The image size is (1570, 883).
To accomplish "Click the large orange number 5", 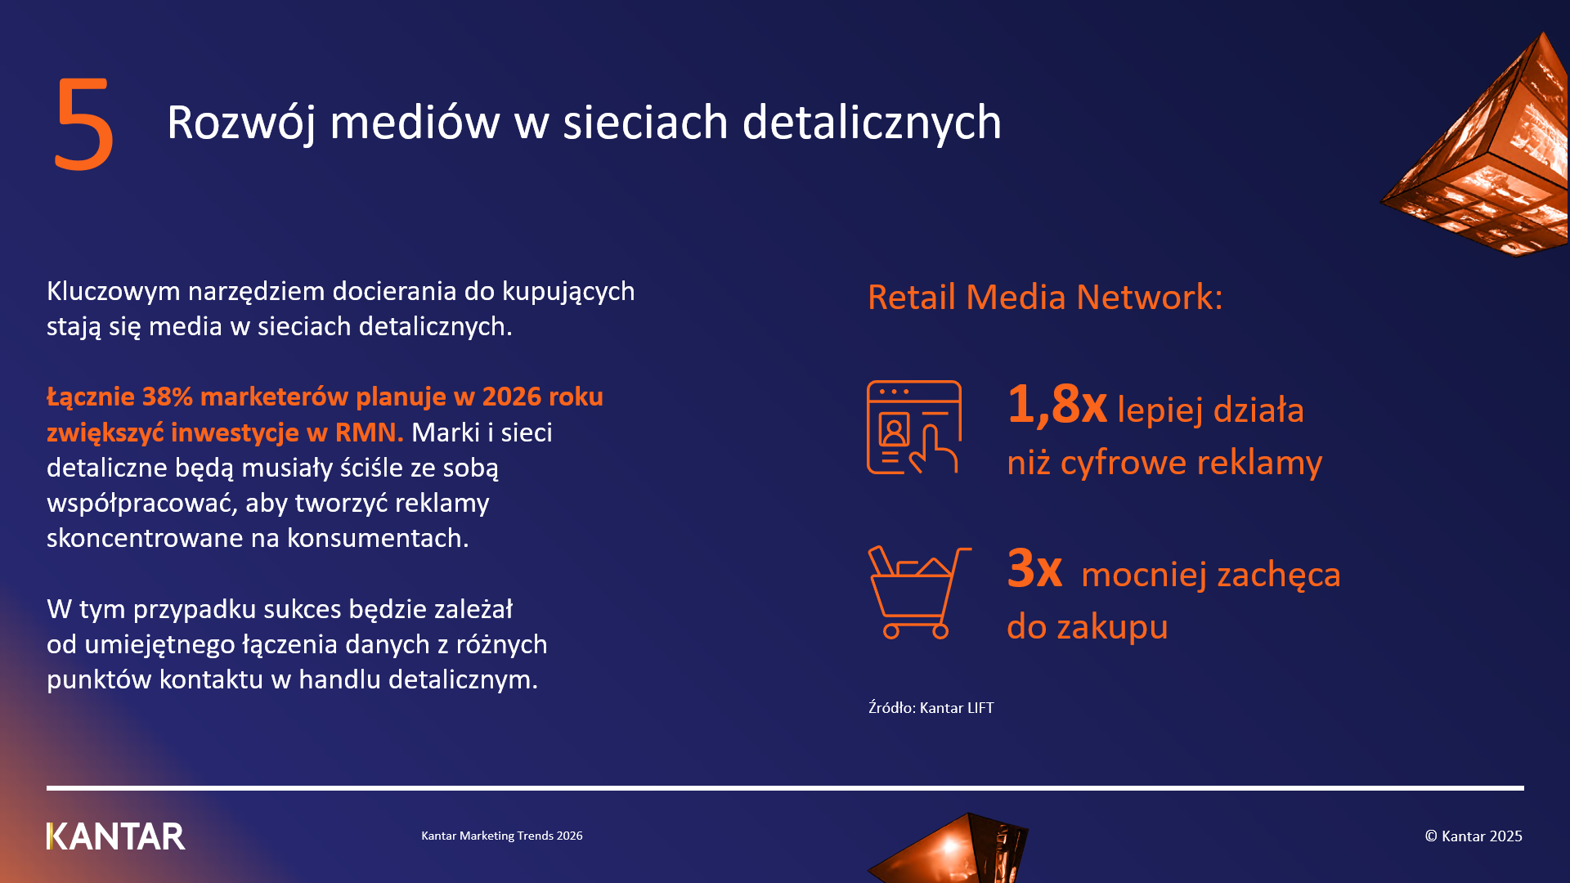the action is point(83,124).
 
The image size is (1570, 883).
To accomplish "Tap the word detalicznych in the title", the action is point(872,123).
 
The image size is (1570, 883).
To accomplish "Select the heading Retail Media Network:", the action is point(1045,297).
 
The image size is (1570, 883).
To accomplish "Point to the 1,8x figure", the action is point(1057,404).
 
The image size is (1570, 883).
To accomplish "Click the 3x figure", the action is point(1034,567).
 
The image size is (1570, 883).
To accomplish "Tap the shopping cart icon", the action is point(919,593).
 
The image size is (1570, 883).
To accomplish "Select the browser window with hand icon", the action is point(914,428).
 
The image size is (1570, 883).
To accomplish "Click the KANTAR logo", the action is point(116,836).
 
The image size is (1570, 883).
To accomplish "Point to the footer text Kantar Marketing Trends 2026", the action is point(502,836).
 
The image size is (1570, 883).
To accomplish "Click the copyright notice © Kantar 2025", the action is point(1474,836).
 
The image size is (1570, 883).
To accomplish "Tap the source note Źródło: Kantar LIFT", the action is point(931,707).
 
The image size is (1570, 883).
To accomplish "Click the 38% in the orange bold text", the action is point(168,397).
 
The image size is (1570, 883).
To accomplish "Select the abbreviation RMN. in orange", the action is point(370,432).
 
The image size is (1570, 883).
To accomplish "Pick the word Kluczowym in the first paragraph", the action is point(114,291).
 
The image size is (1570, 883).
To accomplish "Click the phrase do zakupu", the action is point(1088,627).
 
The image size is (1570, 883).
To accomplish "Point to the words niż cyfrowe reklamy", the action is point(1164,463).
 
